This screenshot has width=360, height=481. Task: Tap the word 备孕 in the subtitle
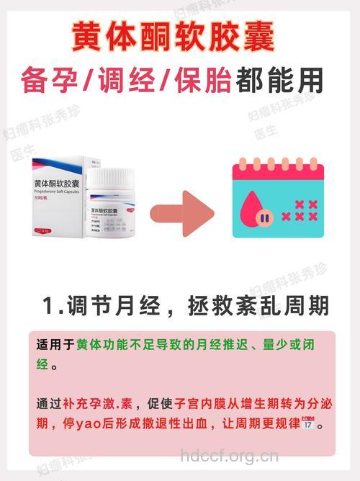(50, 79)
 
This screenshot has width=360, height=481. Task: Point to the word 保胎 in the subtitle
(202, 79)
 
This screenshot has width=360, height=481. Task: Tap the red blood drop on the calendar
(256, 210)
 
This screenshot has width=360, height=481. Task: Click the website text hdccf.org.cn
(229, 456)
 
